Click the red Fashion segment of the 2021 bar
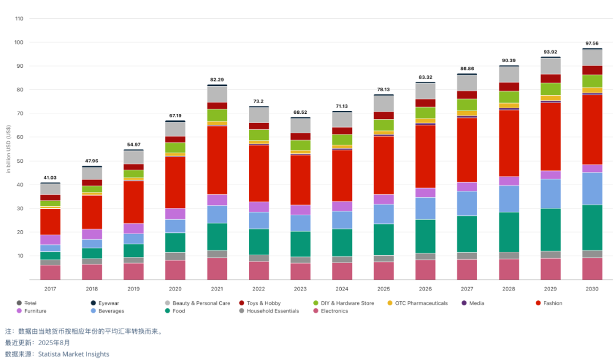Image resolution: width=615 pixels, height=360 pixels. click(x=217, y=159)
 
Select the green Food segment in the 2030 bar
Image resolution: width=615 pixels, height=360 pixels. click(x=592, y=227)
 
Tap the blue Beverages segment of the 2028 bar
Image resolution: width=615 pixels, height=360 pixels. click(x=509, y=198)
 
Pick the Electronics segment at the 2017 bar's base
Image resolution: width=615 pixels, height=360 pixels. click(x=50, y=272)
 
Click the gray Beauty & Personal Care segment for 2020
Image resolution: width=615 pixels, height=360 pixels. click(x=175, y=129)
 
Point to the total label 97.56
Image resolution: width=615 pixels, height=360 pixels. click(x=592, y=43)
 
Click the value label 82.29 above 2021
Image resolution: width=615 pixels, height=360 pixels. click(x=217, y=79)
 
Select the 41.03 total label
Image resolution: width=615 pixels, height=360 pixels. click(x=50, y=178)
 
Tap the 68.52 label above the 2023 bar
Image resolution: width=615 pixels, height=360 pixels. click(x=300, y=112)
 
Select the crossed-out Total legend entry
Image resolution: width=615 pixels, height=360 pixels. click(x=25, y=303)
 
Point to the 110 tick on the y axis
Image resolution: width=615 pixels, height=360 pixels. click(x=19, y=18)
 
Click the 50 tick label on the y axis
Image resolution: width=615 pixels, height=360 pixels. click(x=19, y=161)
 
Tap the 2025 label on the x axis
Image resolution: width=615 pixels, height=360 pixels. click(x=383, y=289)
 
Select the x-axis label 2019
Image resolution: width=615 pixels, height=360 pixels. click(x=133, y=289)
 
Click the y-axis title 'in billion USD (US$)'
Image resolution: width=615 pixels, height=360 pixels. click(x=9, y=149)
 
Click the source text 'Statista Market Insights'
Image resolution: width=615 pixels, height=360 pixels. click(x=73, y=354)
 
